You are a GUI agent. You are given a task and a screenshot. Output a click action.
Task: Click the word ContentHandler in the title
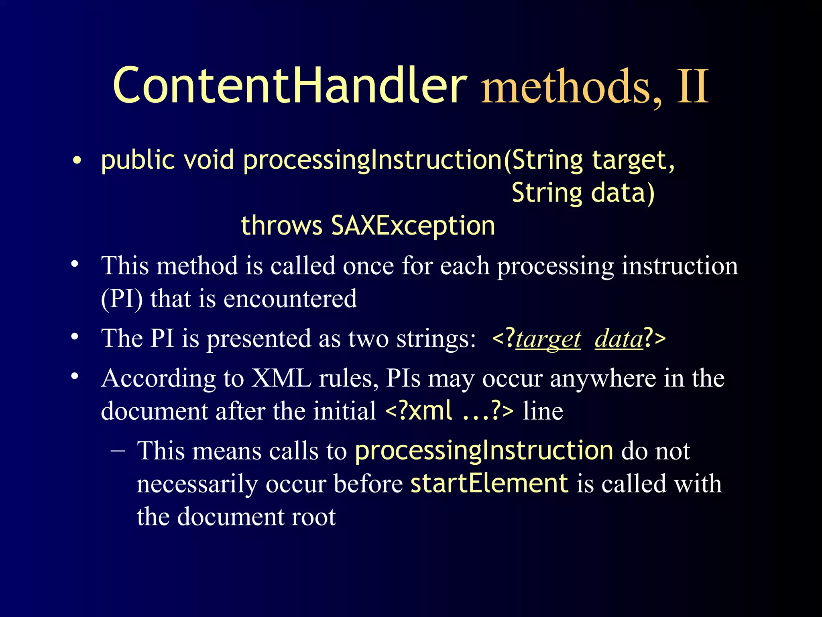tap(290, 86)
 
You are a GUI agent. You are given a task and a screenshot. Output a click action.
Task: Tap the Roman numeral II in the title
tap(693, 86)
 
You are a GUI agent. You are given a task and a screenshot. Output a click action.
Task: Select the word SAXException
tap(413, 225)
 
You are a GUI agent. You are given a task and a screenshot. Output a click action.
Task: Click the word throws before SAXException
tap(281, 225)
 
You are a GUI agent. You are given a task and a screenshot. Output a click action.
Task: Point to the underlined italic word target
tap(548, 339)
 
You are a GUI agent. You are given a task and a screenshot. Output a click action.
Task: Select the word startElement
tap(489, 483)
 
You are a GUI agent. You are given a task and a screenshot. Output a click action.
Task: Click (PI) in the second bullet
tap(122, 299)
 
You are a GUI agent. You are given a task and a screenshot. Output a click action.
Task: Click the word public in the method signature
tap(138, 160)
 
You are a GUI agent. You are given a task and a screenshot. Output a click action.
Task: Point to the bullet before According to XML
tap(75, 376)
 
